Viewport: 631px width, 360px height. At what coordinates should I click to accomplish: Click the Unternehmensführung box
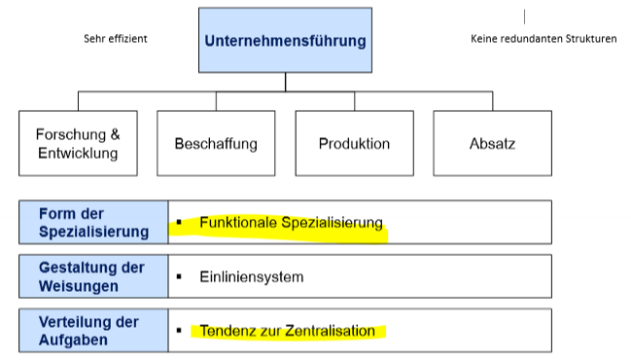(285, 40)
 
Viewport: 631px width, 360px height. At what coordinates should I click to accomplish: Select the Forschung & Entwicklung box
(78, 143)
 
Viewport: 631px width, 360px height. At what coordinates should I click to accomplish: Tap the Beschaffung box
(216, 143)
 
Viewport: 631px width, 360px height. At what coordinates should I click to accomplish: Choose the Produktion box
(354, 143)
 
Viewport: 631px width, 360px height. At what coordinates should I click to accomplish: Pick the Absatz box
(491, 143)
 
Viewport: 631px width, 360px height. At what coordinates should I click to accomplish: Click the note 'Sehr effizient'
(115, 40)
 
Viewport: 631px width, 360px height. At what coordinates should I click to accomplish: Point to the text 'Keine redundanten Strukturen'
(543, 40)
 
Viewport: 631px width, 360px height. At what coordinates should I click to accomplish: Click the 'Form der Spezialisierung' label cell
(93, 222)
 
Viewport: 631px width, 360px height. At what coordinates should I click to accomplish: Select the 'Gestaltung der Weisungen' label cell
(93, 276)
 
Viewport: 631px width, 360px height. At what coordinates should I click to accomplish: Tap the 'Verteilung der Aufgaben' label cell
(93, 330)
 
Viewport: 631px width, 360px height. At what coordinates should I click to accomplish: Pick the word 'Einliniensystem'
(251, 277)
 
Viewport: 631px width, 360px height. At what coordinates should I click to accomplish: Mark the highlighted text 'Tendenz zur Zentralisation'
(287, 331)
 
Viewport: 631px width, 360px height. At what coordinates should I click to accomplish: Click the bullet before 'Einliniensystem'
(180, 277)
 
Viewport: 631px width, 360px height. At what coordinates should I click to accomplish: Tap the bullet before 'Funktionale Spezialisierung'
(180, 223)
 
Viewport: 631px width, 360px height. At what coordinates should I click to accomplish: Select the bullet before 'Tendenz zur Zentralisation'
(180, 331)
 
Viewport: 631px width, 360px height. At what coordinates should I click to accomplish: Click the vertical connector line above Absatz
(491, 100)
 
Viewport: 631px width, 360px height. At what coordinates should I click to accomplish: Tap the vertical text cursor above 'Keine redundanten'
(524, 17)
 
